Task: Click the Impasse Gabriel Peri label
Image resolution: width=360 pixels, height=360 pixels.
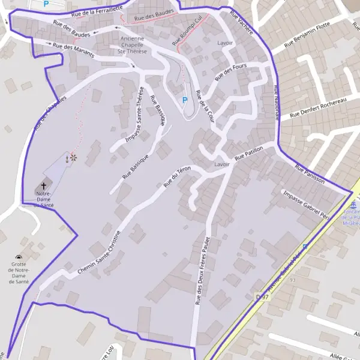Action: (306, 204)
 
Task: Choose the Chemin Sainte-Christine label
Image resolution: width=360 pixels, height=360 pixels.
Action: (99, 253)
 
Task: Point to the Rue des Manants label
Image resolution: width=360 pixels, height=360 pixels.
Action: (71, 48)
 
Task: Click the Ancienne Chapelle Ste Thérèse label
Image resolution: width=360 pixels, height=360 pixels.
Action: (131, 45)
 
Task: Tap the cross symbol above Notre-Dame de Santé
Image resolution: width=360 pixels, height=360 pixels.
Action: (43, 186)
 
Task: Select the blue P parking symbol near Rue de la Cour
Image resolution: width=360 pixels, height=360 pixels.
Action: (185, 100)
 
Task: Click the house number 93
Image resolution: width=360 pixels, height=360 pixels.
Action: (293, 280)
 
